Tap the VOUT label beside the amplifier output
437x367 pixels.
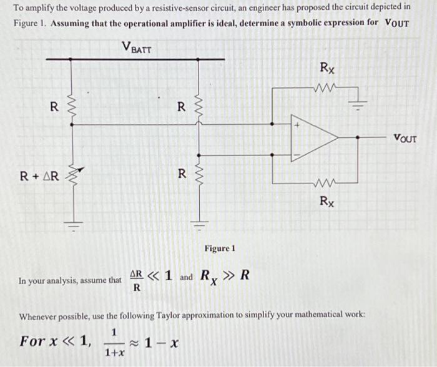[405, 139]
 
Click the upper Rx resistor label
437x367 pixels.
[327, 67]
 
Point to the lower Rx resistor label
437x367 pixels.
[327, 201]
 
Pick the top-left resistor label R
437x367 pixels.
[54, 106]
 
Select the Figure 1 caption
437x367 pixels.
[219, 248]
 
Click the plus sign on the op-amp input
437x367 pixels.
[298, 125]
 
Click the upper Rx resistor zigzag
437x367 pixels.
[327, 88]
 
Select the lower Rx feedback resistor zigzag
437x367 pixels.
[327, 183]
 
